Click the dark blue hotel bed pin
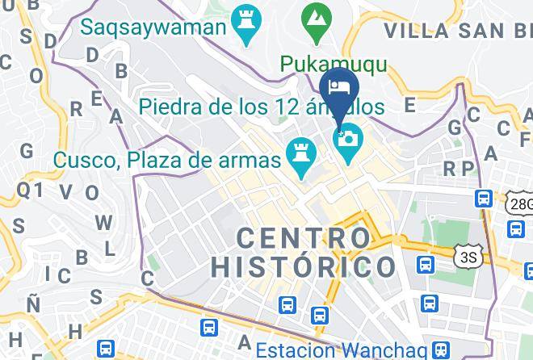tap(338, 88)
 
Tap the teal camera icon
tap(348, 140)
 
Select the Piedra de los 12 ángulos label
tap(261, 106)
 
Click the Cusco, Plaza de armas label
tap(167, 159)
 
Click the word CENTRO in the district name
tap(304, 238)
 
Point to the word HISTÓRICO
tap(304, 266)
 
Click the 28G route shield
tap(520, 203)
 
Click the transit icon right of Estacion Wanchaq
tap(440, 350)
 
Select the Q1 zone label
tap(30, 189)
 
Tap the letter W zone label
tap(103, 222)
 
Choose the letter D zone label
tap(92, 55)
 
